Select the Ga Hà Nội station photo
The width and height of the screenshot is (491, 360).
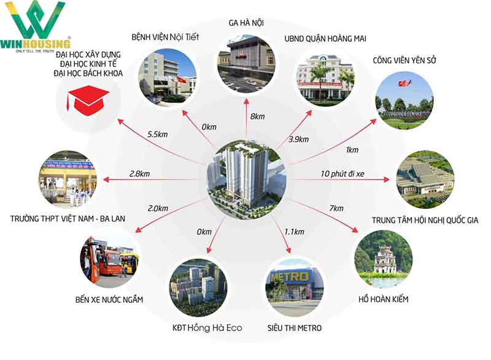click(246, 63)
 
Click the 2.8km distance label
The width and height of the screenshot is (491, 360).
click(140, 174)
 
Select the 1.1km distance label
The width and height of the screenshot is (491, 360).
click(295, 232)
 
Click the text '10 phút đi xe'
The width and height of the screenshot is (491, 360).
click(341, 174)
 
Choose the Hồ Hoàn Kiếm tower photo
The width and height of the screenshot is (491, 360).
click(384, 259)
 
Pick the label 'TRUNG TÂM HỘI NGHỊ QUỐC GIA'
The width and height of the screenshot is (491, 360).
click(425, 220)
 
